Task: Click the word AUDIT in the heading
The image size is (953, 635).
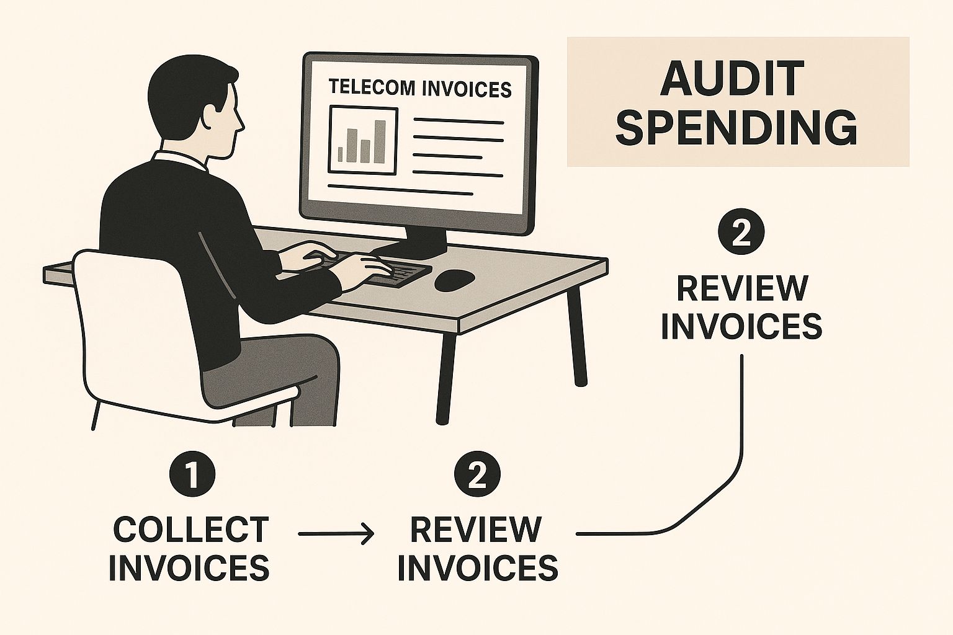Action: pyautogui.click(x=732, y=79)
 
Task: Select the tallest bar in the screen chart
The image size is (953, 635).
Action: pyautogui.click(x=380, y=141)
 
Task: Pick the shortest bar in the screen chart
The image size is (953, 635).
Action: pyautogui.click(x=340, y=155)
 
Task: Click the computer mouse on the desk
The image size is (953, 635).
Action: pyautogui.click(x=454, y=281)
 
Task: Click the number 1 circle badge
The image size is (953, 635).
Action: pyautogui.click(x=192, y=474)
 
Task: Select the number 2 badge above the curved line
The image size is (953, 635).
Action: pyautogui.click(x=741, y=231)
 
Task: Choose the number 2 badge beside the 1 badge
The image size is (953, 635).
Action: pyautogui.click(x=477, y=474)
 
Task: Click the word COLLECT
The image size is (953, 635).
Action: pyautogui.click(x=192, y=530)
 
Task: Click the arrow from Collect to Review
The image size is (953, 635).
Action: pyautogui.click(x=336, y=533)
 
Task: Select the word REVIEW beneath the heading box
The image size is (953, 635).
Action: pyautogui.click(x=742, y=288)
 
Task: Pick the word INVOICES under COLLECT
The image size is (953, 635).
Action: pyautogui.click(x=189, y=567)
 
